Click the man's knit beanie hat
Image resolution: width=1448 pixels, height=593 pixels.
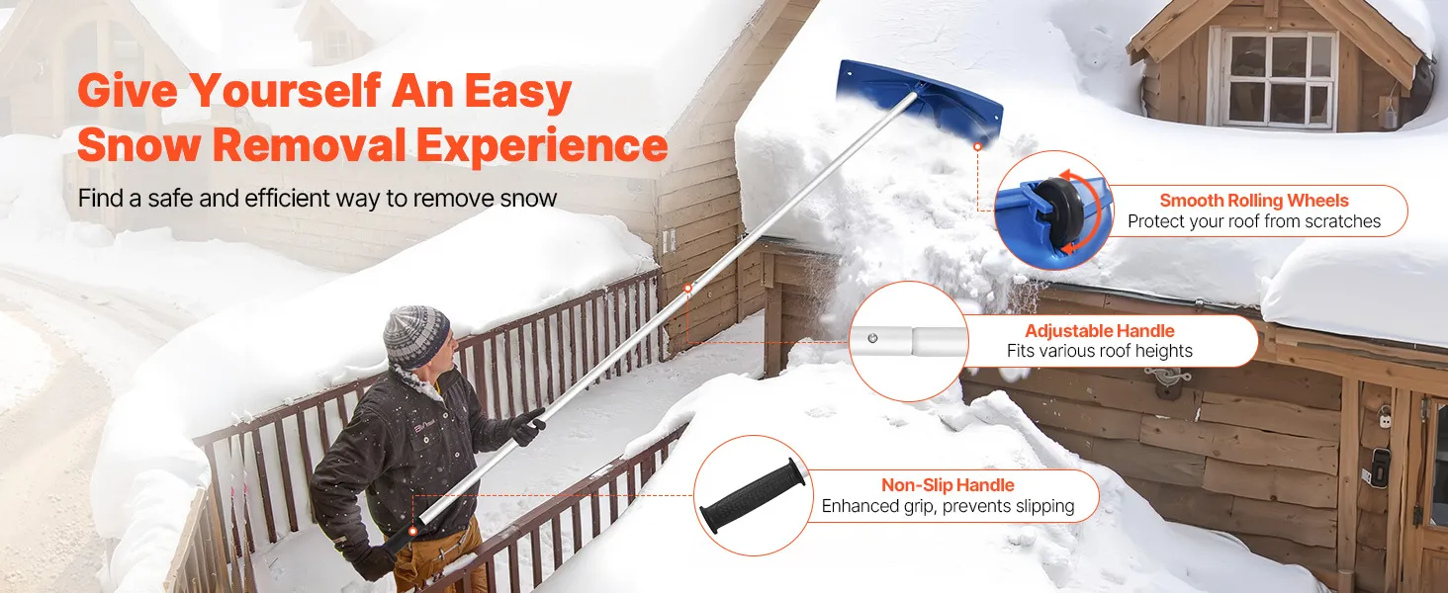pyautogui.click(x=416, y=337)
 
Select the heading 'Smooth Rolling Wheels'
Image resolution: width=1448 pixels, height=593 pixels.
pyautogui.click(x=1254, y=201)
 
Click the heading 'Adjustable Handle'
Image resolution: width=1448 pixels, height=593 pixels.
pyautogui.click(x=1100, y=331)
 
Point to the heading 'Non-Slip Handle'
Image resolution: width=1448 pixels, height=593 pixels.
pyautogui.click(x=948, y=485)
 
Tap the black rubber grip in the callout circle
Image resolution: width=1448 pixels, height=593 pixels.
pyautogui.click(x=753, y=495)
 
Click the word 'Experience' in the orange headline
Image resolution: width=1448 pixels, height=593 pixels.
pyautogui.click(x=542, y=144)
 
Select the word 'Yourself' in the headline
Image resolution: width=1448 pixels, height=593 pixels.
pyautogui.click(x=285, y=91)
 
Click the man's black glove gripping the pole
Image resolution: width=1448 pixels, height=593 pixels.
pyautogui.click(x=527, y=426)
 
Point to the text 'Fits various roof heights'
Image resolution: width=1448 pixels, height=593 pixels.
pyautogui.click(x=1100, y=351)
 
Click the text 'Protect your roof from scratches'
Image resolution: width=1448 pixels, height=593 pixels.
pyautogui.click(x=1254, y=221)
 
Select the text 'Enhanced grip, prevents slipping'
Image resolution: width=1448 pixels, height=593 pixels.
pyautogui.click(x=948, y=506)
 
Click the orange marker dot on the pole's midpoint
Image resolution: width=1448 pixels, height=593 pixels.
pyautogui.click(x=687, y=288)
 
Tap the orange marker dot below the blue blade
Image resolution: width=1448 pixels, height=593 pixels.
pyautogui.click(x=977, y=146)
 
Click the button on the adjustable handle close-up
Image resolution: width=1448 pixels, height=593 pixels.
pyautogui.click(x=872, y=338)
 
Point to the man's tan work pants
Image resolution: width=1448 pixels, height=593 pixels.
pyautogui.click(x=438, y=554)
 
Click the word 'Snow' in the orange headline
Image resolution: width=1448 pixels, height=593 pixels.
pyautogui.click(x=138, y=144)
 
